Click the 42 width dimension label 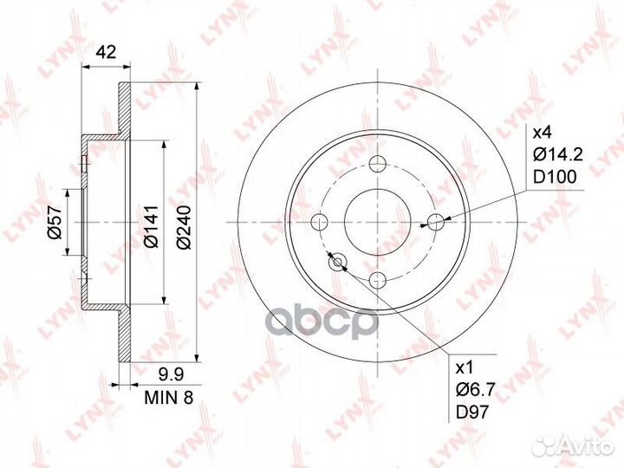click(x=107, y=52)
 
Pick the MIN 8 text click(x=166, y=398)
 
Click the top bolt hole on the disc click(x=378, y=163)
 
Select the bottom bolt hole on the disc click(x=378, y=279)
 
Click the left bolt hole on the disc click(x=321, y=221)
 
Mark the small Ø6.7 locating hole click(x=338, y=261)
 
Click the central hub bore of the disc click(x=378, y=221)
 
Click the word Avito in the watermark click(x=588, y=445)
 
